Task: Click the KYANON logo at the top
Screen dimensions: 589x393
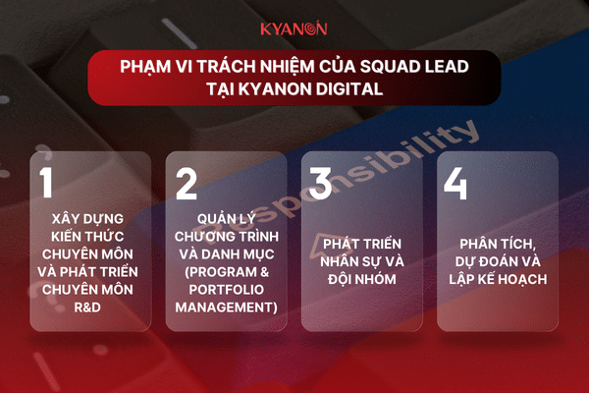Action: (x=294, y=28)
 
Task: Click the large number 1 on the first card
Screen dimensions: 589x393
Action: (x=46, y=183)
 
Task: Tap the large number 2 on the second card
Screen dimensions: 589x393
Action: (x=187, y=183)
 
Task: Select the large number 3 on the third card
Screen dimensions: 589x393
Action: (x=320, y=183)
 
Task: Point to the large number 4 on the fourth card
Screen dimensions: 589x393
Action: (x=455, y=183)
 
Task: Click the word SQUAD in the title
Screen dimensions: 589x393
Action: (x=390, y=67)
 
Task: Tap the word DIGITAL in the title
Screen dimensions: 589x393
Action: (x=349, y=89)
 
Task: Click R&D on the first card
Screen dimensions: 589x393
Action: (x=87, y=308)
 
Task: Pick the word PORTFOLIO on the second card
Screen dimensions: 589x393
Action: (x=226, y=290)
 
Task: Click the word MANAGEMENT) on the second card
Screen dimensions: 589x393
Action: (x=226, y=308)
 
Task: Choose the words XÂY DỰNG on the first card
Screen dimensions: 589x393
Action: (x=87, y=218)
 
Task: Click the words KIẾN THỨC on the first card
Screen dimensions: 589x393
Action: (x=87, y=237)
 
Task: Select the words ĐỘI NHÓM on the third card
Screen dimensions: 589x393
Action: (x=361, y=279)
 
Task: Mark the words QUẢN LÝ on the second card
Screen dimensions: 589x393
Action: (x=226, y=219)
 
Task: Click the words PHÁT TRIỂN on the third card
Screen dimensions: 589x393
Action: (x=361, y=244)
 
